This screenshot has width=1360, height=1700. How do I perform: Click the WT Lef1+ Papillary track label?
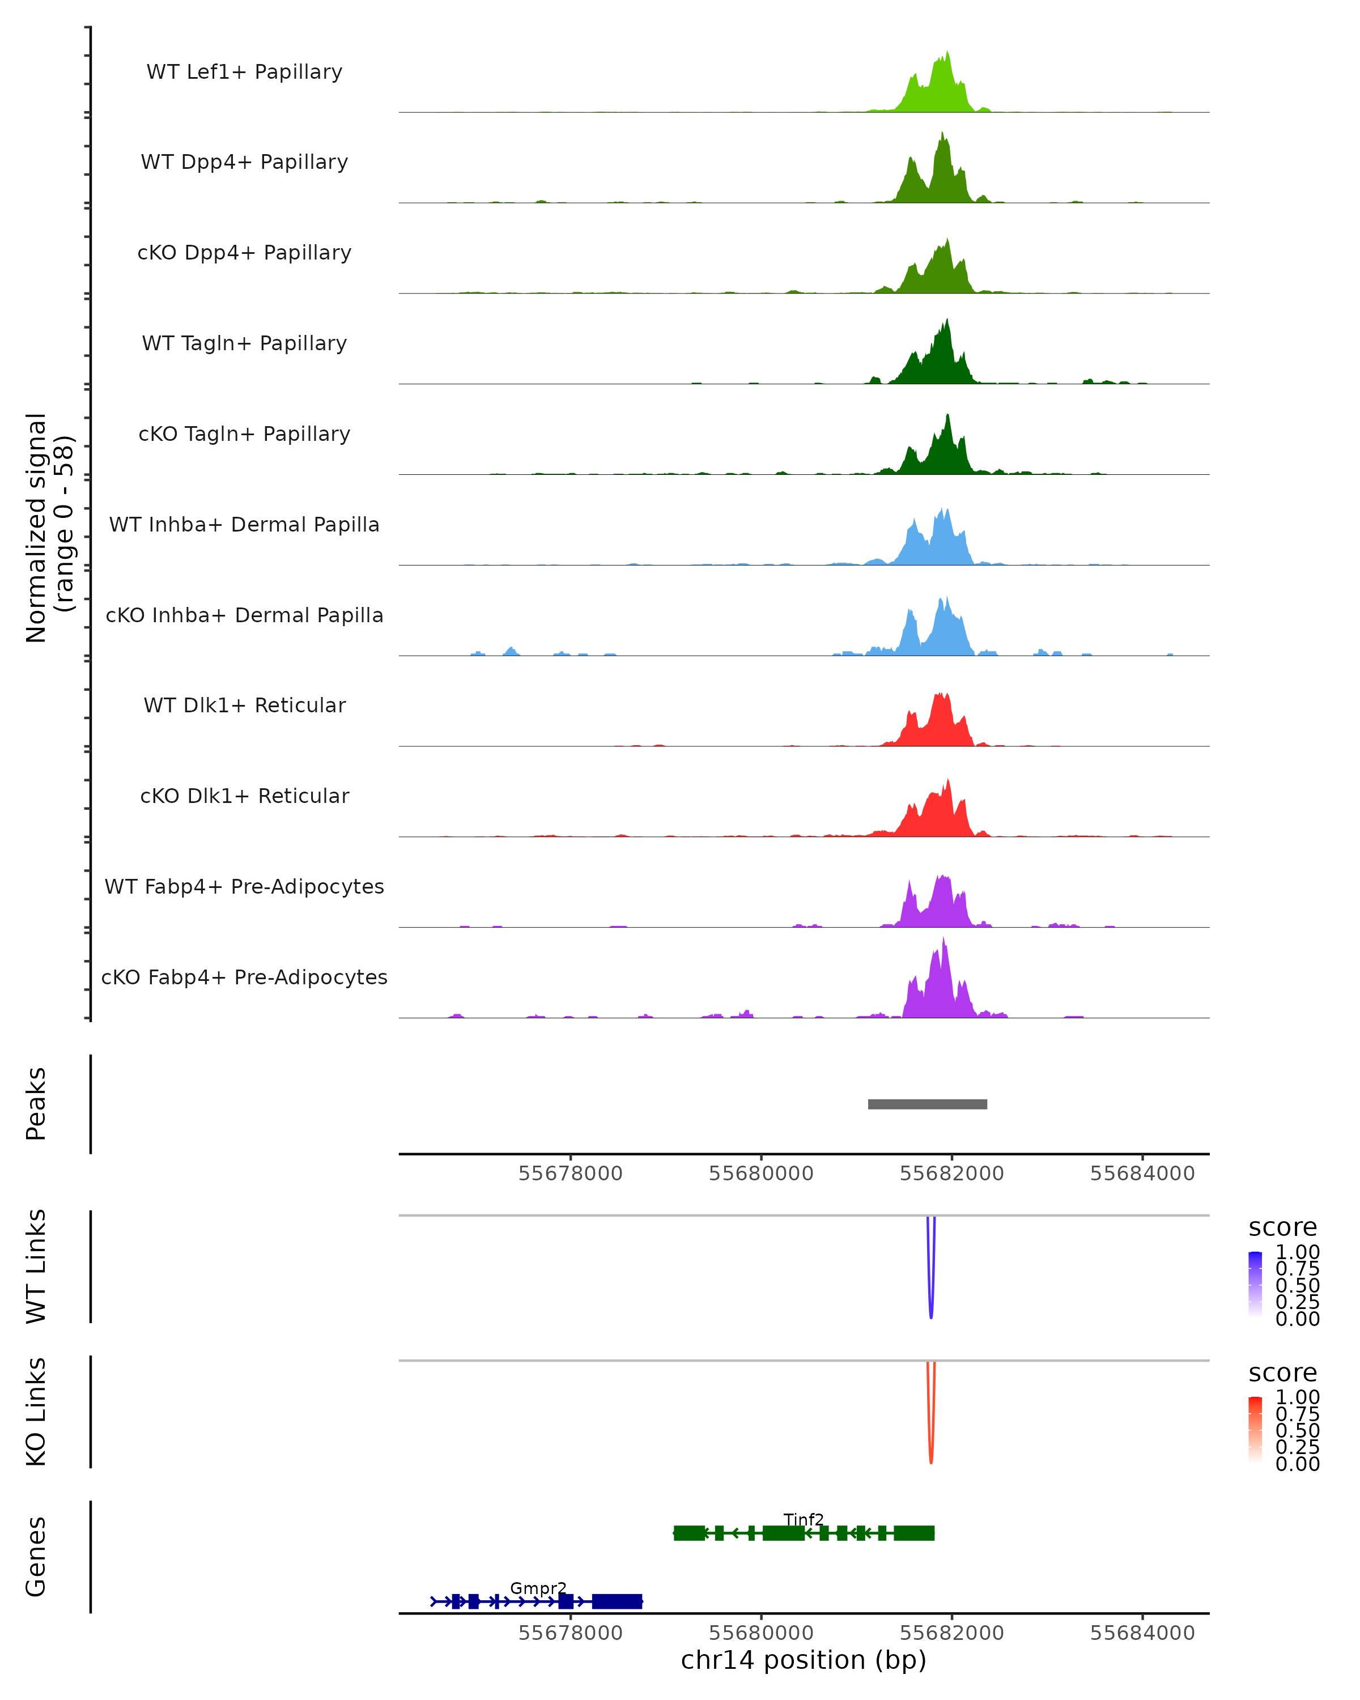pyautogui.click(x=244, y=72)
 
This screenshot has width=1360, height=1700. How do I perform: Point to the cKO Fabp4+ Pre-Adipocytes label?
pyautogui.click(x=244, y=977)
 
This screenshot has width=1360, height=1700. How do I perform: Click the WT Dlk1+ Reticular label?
pyautogui.click(x=244, y=705)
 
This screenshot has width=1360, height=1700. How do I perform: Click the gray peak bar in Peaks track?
pyautogui.click(x=927, y=1104)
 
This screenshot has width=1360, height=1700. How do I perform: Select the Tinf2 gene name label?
pyautogui.click(x=804, y=1519)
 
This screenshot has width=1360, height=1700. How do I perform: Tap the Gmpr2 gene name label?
pyautogui.click(x=538, y=1588)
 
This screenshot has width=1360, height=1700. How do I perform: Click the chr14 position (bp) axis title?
pyautogui.click(x=804, y=1660)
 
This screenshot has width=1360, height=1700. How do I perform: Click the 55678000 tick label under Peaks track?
pyautogui.click(x=570, y=1174)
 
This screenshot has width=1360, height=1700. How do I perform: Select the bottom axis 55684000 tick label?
pyautogui.click(x=1142, y=1633)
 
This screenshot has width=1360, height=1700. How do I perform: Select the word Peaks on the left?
pyautogui.click(x=36, y=1104)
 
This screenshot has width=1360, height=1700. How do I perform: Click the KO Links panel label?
pyautogui.click(x=36, y=1412)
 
